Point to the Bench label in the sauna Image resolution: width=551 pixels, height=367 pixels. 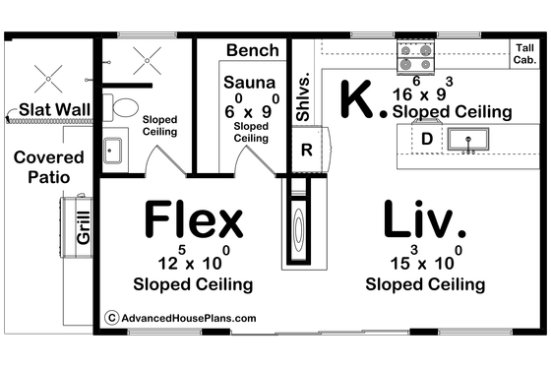point(252,50)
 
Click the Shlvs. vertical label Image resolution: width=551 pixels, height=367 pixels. point(305,98)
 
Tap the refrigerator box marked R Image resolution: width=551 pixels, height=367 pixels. point(306,151)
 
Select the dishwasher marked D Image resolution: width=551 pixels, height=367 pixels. point(427,139)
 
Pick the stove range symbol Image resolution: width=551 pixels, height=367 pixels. point(411,58)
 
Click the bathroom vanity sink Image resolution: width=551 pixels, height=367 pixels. point(111,151)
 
